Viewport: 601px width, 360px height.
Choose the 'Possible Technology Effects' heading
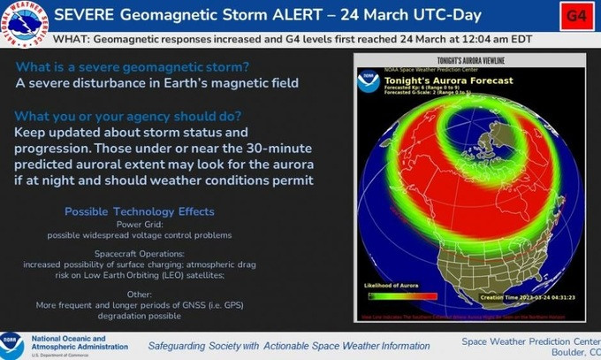139,212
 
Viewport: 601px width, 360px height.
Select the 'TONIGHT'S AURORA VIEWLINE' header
475,61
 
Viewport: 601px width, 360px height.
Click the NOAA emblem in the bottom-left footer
12,343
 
